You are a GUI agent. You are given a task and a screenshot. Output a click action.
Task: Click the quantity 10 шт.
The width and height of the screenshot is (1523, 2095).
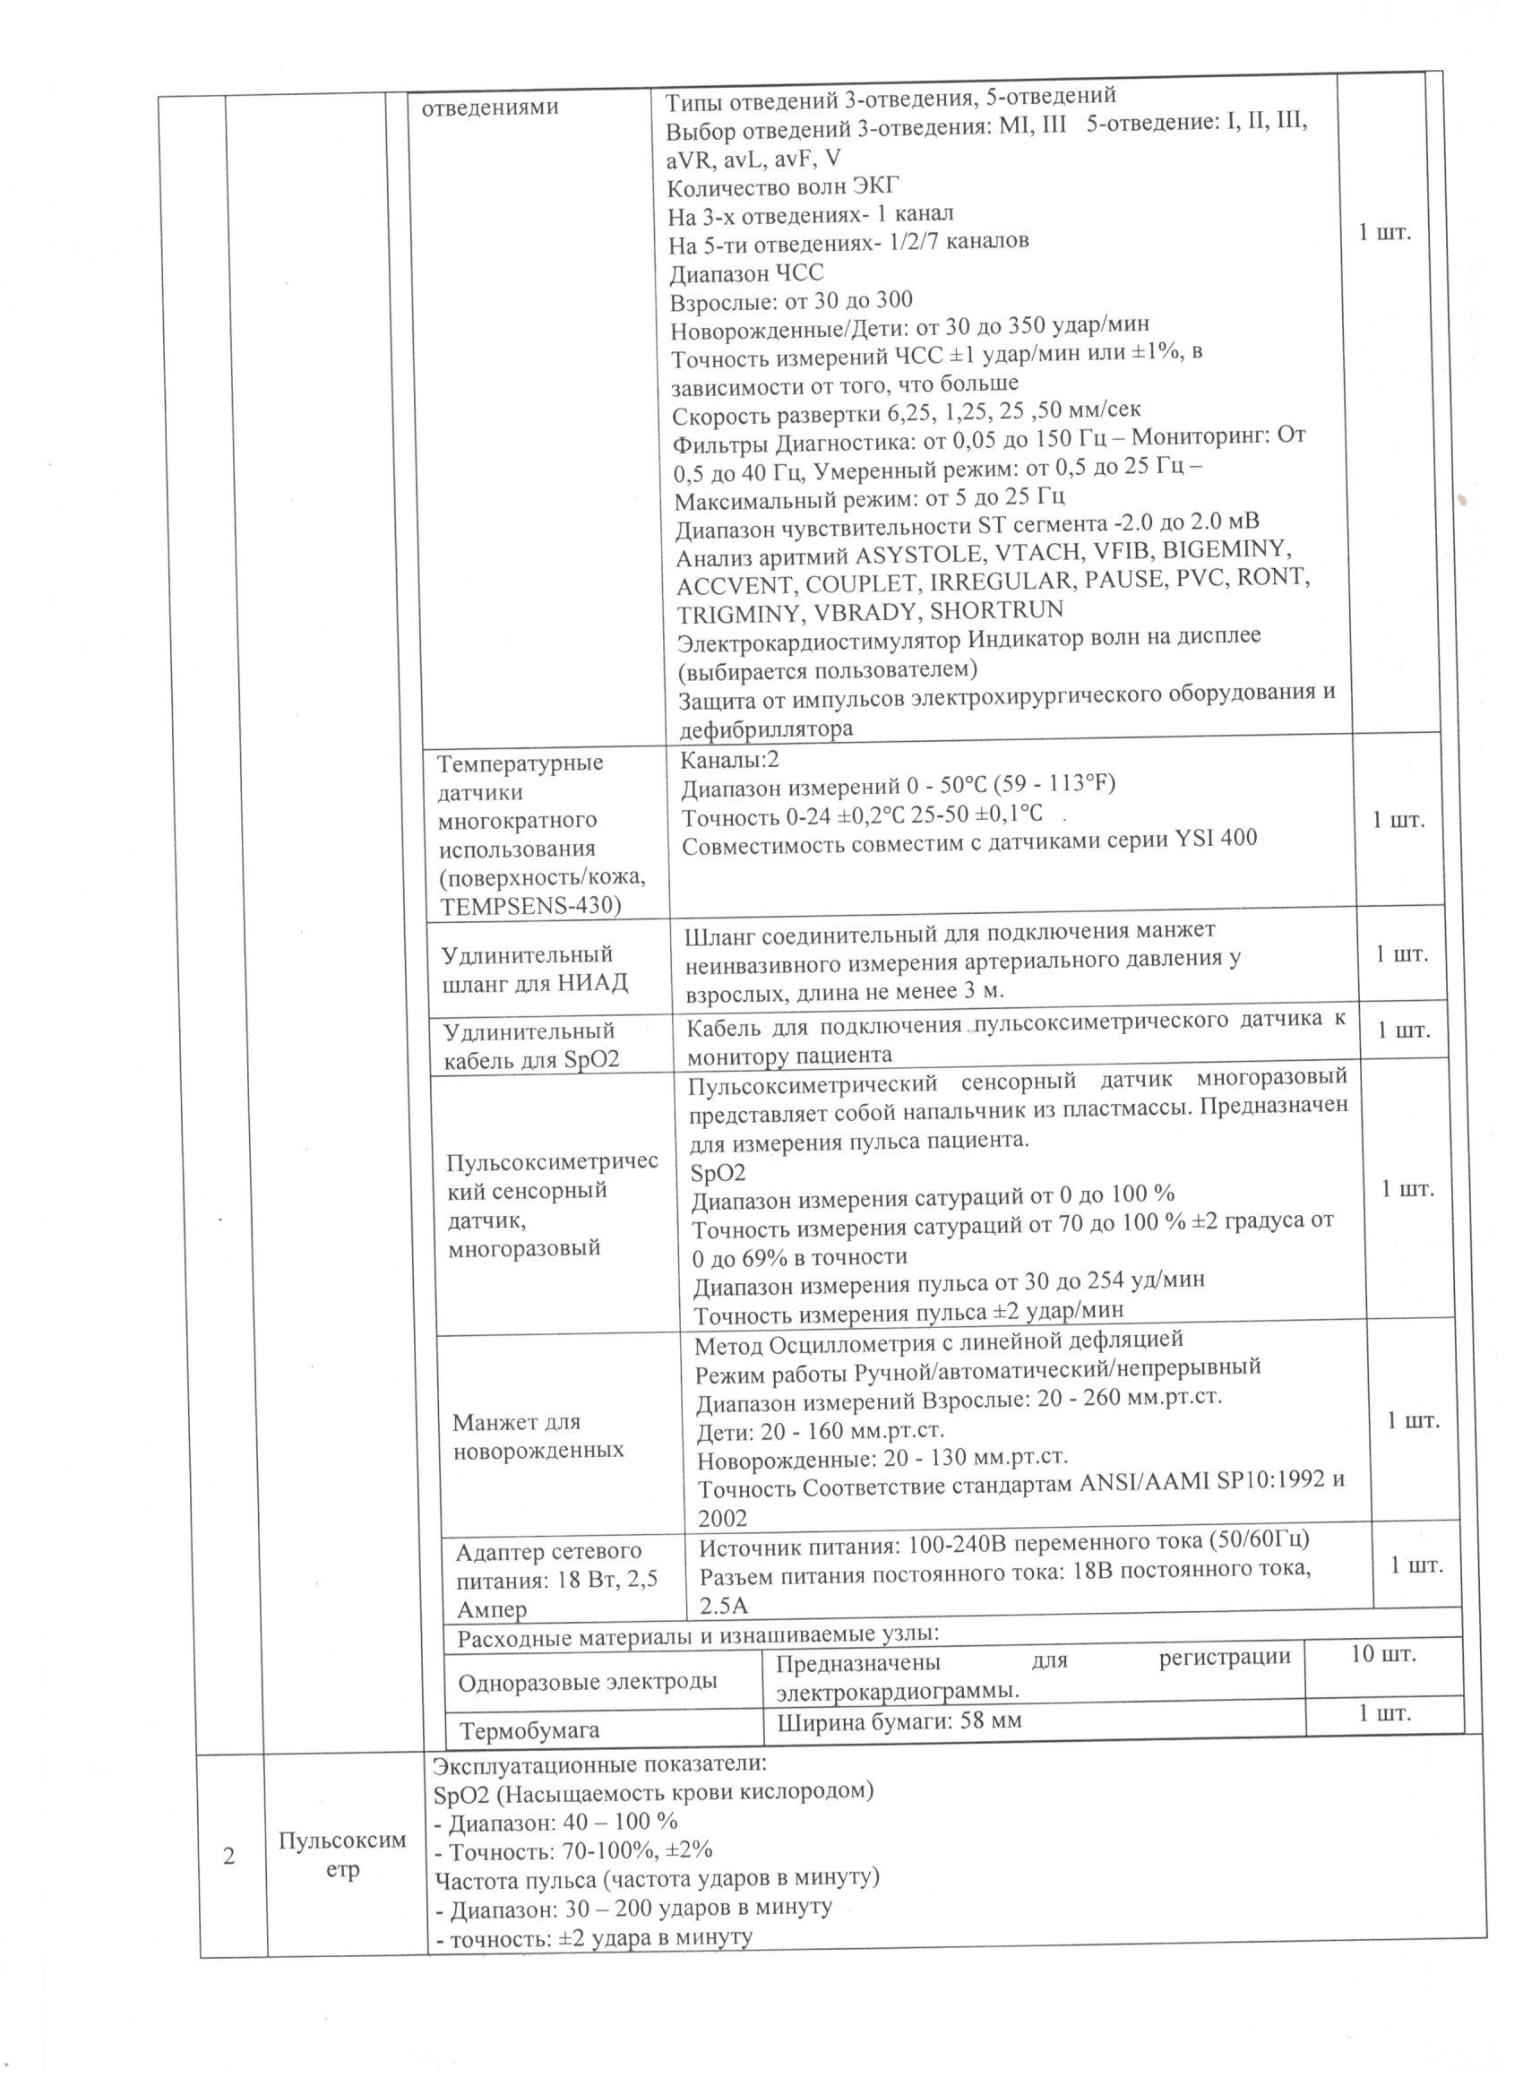[x=1381, y=1654]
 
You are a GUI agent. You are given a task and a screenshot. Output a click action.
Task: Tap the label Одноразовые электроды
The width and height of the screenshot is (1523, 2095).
[x=588, y=1681]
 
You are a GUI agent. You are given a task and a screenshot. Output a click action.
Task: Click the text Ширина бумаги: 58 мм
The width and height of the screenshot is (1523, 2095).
[x=899, y=1720]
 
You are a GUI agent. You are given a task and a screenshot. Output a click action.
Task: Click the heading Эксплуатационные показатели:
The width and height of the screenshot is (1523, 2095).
[x=599, y=1764]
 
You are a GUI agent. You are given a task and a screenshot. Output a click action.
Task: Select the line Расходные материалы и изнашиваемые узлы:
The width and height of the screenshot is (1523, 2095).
[x=698, y=1634]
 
